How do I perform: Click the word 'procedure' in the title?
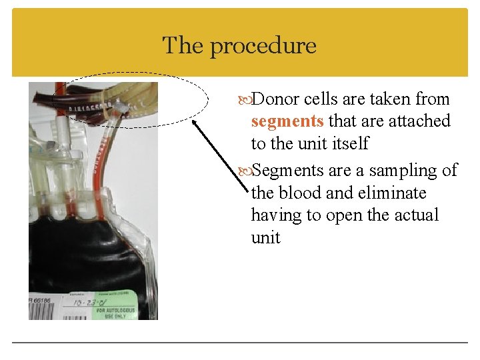tap(263, 47)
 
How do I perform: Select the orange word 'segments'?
tap(287, 121)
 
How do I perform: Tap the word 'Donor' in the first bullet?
tap(277, 99)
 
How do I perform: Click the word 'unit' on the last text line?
tap(265, 237)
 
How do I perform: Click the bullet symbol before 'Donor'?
tap(246, 100)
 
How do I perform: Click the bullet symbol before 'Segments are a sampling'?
tap(246, 171)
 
